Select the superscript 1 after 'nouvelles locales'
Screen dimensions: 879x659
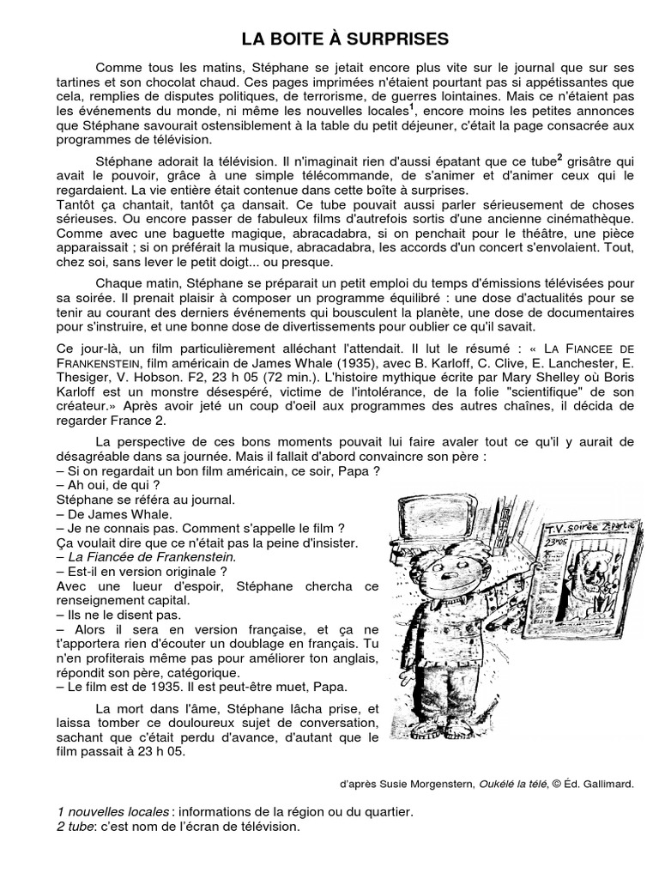point(411,107)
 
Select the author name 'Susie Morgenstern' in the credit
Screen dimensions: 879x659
point(417,783)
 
